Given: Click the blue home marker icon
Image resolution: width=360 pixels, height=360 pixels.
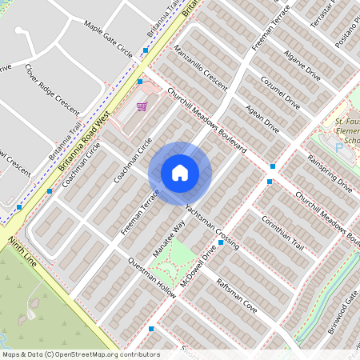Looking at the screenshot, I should [179, 173].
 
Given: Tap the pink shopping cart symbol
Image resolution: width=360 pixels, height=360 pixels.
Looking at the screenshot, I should [142, 106].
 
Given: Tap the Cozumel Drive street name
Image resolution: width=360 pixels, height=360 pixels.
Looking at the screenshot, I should [280, 93].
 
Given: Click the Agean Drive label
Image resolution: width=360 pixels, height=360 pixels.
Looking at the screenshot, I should [263, 118].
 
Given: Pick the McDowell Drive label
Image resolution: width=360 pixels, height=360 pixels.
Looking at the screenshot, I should [199, 263].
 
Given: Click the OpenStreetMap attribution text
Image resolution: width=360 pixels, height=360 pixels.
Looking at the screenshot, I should [80, 354].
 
